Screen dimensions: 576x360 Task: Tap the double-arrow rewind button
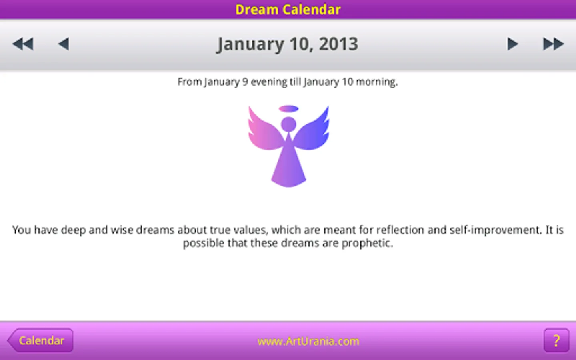click(x=23, y=44)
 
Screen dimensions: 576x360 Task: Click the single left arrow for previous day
click(x=64, y=44)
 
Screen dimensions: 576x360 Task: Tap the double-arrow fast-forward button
click(x=553, y=44)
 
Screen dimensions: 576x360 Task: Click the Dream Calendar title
click(x=288, y=10)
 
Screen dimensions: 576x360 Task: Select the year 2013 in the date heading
click(x=338, y=44)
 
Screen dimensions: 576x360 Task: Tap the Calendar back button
click(x=40, y=340)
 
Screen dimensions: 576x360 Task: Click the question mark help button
click(x=556, y=340)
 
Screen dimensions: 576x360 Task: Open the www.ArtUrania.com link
click(x=308, y=341)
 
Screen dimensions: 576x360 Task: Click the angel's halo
click(x=288, y=108)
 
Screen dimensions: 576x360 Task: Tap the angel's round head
click(x=288, y=124)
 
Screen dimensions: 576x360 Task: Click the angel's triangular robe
click(x=288, y=164)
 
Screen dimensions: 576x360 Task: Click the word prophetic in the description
click(x=368, y=243)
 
